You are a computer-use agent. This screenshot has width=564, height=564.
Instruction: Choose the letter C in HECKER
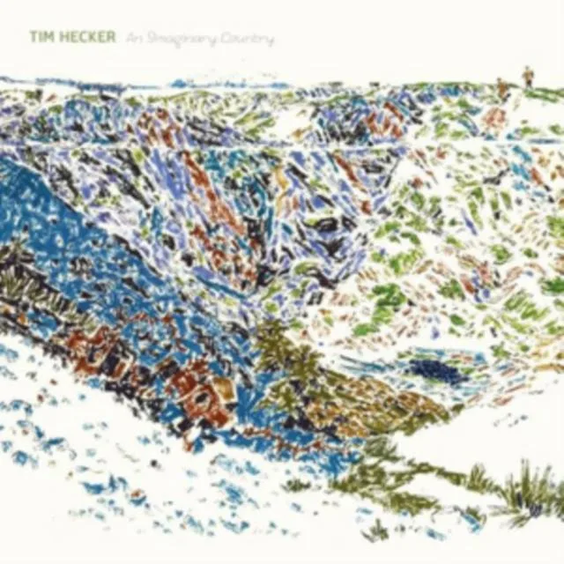tap(75, 39)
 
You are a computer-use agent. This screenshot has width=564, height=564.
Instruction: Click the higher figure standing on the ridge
tap(528, 76)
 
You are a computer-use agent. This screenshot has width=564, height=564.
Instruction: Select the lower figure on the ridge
tap(501, 87)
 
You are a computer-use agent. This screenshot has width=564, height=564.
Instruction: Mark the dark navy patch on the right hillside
tap(434, 371)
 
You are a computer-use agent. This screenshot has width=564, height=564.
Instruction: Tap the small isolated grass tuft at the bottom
tap(377, 529)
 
